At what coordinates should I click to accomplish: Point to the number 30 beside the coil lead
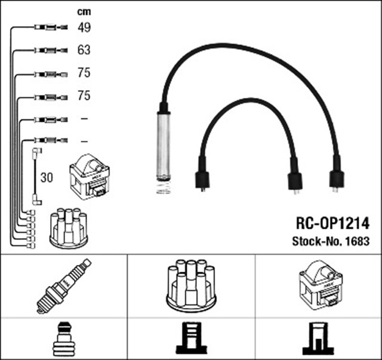click(x=47, y=177)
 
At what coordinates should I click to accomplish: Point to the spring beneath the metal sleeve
click(x=163, y=188)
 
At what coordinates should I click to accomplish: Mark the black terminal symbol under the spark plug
click(x=64, y=339)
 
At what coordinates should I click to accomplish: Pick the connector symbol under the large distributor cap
click(x=190, y=339)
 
